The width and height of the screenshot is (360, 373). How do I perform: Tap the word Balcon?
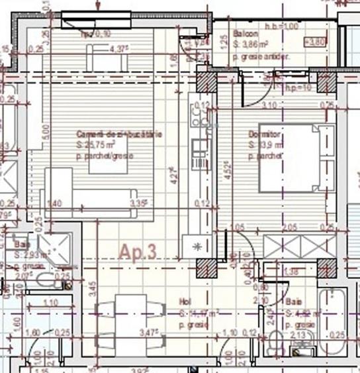246,34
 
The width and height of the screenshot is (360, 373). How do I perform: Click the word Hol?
185,301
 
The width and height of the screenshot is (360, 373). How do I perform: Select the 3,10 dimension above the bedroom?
269,105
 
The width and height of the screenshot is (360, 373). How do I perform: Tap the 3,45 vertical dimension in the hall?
93,288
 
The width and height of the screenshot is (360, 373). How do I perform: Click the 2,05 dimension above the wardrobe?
289,227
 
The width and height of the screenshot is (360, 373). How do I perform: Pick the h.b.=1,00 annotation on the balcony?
285,25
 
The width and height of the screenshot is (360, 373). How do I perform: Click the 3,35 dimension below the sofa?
138,203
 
